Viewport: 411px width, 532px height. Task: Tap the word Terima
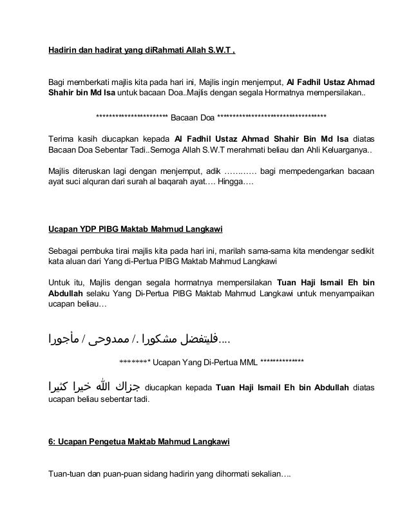point(62,139)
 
